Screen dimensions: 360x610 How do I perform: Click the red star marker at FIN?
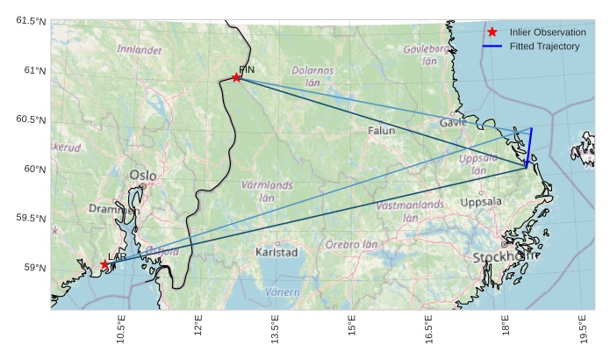point(237,77)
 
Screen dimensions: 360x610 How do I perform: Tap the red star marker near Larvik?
point(105,264)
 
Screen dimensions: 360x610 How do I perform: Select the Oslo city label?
point(143,176)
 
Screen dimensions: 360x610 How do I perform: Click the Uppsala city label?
point(481,202)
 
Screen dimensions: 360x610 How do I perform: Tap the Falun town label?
point(382,130)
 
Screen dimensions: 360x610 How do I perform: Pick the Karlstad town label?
point(276,252)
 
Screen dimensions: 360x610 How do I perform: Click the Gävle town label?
point(454,122)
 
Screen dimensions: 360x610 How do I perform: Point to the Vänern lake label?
point(283,292)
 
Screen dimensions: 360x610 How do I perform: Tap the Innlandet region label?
point(140,50)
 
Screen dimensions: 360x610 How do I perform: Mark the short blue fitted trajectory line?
point(529,147)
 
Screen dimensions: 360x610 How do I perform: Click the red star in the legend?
point(492,32)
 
